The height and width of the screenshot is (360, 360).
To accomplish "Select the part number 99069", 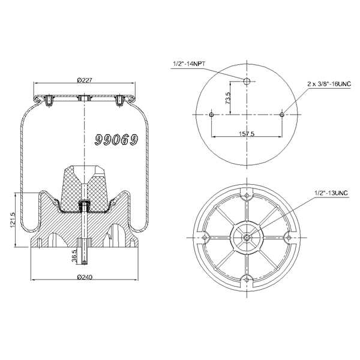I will pos(116,140).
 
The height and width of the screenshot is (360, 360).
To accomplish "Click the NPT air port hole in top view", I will pos(247,80).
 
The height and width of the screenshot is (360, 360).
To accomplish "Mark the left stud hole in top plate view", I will pos(212,114).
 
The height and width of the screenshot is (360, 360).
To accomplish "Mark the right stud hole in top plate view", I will pos(282,114).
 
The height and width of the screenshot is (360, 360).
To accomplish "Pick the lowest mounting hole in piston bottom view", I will pos(247,278).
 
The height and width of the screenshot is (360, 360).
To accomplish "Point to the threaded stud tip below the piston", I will pos(85,260).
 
